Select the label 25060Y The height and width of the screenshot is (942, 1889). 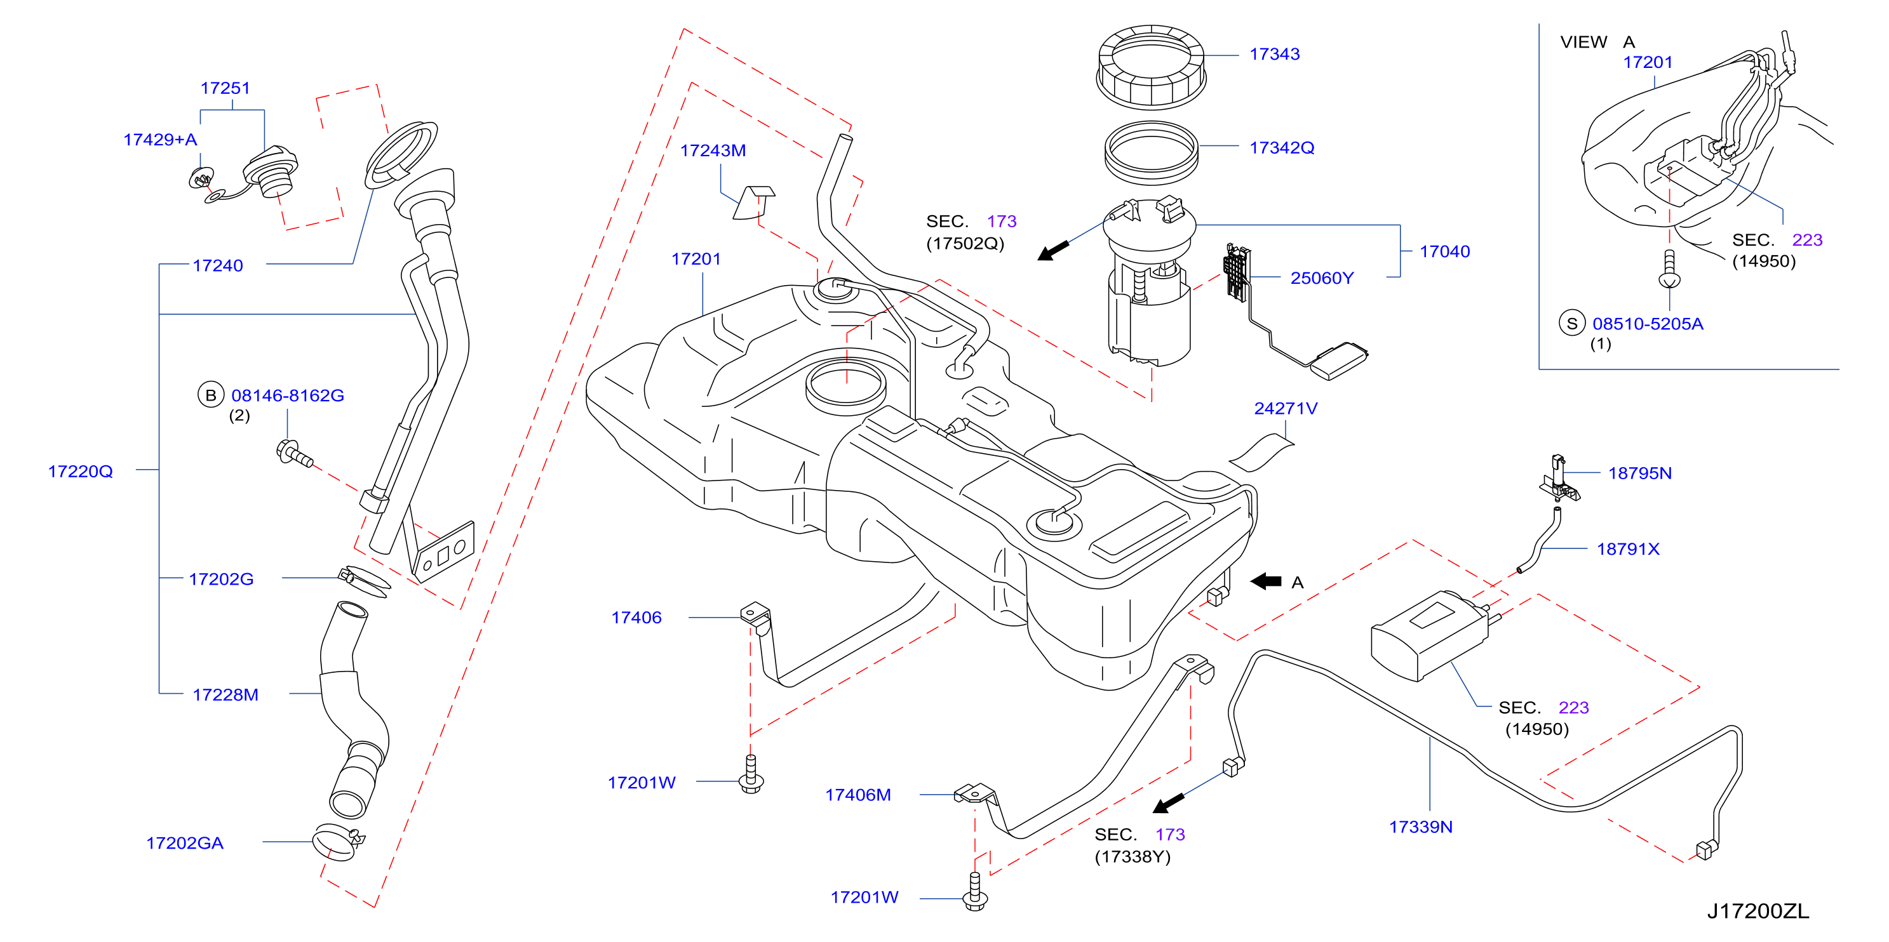tap(1321, 278)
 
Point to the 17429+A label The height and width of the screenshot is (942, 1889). tap(160, 139)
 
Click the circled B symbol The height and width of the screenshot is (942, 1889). tap(210, 394)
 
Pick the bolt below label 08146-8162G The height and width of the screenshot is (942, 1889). tap(295, 453)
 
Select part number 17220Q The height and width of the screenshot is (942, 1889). tap(81, 472)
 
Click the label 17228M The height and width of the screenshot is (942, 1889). tap(225, 694)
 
